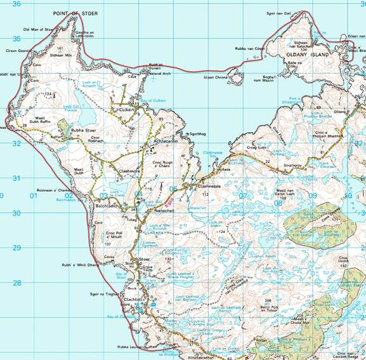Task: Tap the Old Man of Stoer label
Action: [x=37, y=29]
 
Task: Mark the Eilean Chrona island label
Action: [x=216, y=77]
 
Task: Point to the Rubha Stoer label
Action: [x=82, y=131]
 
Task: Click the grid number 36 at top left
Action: [x=17, y=4]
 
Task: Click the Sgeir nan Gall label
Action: [x=282, y=13]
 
